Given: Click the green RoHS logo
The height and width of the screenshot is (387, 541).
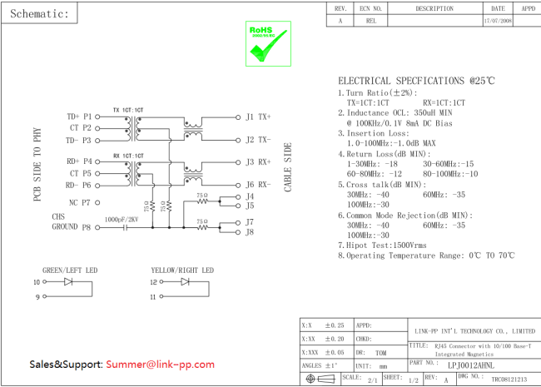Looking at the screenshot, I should coord(264,43).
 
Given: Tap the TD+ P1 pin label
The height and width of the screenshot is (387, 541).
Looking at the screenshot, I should coord(79,117).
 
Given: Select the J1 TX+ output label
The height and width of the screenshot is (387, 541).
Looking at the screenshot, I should coord(258,117).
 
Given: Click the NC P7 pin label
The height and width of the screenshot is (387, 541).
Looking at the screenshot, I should coord(80,202).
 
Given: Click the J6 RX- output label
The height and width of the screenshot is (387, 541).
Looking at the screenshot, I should coord(258,185).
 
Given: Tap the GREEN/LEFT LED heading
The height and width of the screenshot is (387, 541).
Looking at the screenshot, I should coord(70,270).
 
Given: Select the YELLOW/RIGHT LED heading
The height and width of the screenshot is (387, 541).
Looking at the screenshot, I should coord(181,270).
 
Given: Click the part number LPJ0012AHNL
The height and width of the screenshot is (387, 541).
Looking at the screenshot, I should coord(470,365).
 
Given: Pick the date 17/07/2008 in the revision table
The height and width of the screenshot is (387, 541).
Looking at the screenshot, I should coord(498,21).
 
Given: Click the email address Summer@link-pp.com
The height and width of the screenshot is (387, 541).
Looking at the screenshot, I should coord(159,365).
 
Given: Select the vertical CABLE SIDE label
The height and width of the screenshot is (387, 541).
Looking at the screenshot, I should coord(289,166).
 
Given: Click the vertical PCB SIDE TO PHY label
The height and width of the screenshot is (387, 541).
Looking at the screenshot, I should coord(37,166).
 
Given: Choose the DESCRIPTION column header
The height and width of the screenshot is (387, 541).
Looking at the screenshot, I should coord(434,8).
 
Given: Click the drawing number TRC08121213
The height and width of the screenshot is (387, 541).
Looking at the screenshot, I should coord(509,379).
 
